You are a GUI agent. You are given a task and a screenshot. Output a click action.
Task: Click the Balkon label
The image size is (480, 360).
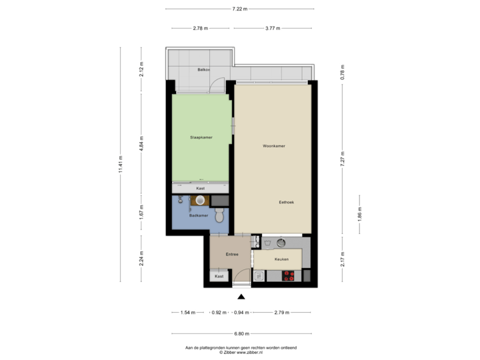(x=203, y=69)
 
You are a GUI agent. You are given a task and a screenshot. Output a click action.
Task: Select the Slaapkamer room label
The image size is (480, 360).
(x=201, y=137)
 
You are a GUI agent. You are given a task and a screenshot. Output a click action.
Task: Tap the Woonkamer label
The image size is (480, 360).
(x=274, y=145)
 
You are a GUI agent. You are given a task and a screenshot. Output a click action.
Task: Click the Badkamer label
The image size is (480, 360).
(x=199, y=215)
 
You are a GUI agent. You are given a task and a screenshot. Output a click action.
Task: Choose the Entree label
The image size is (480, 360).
(x=232, y=254)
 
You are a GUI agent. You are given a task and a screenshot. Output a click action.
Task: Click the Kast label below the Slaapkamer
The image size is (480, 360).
(x=201, y=189)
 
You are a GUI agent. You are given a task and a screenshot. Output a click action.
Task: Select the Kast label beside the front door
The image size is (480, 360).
(x=219, y=275)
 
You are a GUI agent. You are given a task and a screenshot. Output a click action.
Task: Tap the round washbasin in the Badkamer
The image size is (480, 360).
(x=200, y=199)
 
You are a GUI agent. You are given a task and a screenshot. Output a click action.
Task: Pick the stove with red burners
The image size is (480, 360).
(x=289, y=274)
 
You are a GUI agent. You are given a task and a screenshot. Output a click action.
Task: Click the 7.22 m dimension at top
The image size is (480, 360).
(x=240, y=9)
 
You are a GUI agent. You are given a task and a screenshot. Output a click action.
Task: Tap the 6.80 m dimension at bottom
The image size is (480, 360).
(x=241, y=333)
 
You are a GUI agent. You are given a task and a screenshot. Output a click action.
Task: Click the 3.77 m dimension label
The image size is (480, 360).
(x=271, y=29)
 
